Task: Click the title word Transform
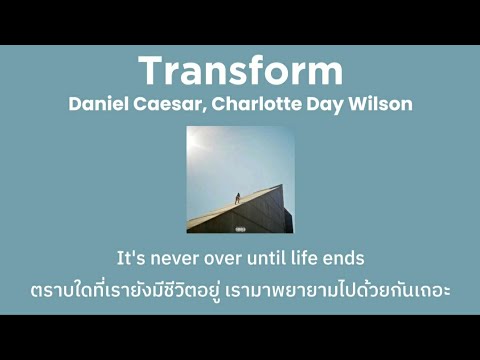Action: [x=240, y=71]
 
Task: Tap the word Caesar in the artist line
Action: [x=174, y=104]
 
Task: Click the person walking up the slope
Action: [x=237, y=196]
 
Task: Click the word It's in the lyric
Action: [x=134, y=258]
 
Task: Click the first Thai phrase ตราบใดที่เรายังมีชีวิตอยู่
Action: [x=140, y=290]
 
